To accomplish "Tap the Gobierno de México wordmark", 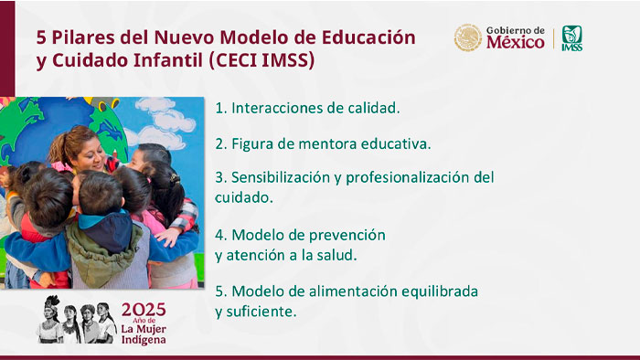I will (x=515, y=37).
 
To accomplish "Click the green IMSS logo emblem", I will (x=572, y=37).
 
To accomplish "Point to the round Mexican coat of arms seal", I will (x=468, y=37).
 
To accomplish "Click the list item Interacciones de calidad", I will (x=307, y=108).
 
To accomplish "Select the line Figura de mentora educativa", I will (x=323, y=143).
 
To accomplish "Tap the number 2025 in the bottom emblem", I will (x=144, y=308).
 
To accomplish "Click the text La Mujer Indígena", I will (x=144, y=334).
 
